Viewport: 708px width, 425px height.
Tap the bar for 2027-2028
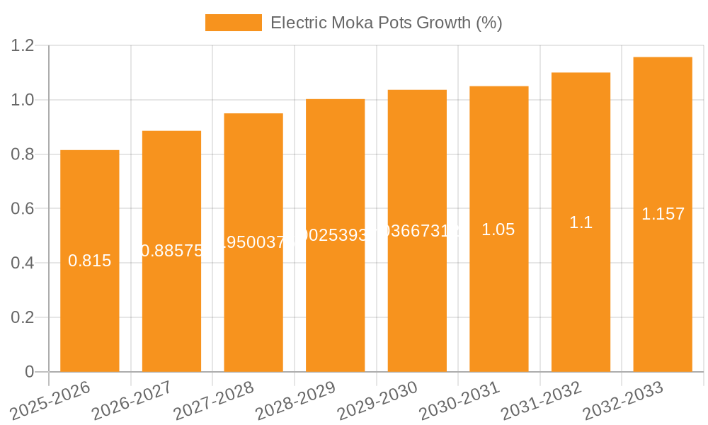click(x=253, y=297)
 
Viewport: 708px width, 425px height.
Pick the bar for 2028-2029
click(x=335, y=297)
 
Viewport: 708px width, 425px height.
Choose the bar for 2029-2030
click(x=417, y=297)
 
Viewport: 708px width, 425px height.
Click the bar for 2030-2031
click(x=499, y=297)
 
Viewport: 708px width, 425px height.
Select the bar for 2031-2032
click(x=581, y=297)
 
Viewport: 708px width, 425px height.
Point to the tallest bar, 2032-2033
click(x=663, y=297)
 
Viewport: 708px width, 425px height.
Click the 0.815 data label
click(x=90, y=261)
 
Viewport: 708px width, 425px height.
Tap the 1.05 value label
click(x=498, y=229)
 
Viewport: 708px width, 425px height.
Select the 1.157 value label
click(x=663, y=214)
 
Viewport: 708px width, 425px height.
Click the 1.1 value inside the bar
click(x=581, y=222)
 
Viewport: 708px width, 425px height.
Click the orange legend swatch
click(x=233, y=23)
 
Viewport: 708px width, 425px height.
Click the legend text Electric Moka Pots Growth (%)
click(x=387, y=23)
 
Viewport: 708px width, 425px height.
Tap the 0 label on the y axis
click(x=30, y=372)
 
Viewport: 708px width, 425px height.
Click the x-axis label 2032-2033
click(x=623, y=401)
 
